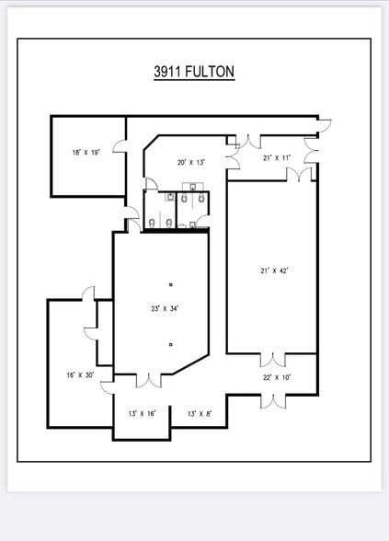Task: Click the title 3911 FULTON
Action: pyautogui.click(x=194, y=70)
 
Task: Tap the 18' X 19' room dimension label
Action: pyautogui.click(x=86, y=152)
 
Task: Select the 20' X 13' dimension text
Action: pyautogui.click(x=190, y=162)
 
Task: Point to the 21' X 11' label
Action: pyautogui.click(x=277, y=158)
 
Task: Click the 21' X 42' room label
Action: pyautogui.click(x=274, y=270)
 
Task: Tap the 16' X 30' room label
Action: pyautogui.click(x=80, y=374)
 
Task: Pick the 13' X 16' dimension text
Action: pyautogui.click(x=142, y=413)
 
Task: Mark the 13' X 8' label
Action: pyautogui.click(x=200, y=413)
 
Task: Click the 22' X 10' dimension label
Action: pyautogui.click(x=276, y=377)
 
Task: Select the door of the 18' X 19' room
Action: pyautogui.click(x=119, y=145)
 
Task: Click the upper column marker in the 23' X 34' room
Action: pyautogui.click(x=170, y=285)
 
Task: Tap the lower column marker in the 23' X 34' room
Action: pyautogui.click(x=170, y=344)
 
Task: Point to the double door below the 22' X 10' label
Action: pyautogui.click(x=274, y=400)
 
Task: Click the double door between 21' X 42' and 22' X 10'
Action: pyautogui.click(x=274, y=359)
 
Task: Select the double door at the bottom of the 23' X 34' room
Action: pyautogui.click(x=148, y=378)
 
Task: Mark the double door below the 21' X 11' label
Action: pyautogui.click(x=304, y=173)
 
